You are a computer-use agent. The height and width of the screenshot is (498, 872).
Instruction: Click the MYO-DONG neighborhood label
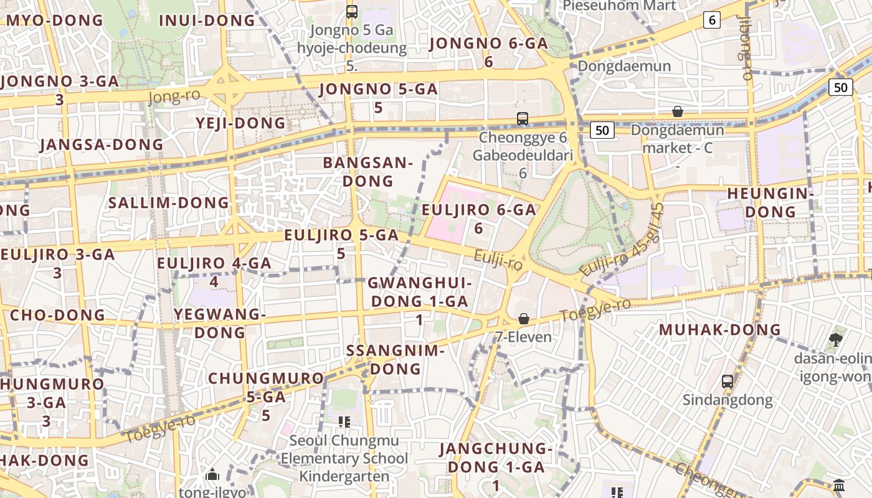(x=55, y=20)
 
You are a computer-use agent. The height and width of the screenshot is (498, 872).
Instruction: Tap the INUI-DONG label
(x=207, y=20)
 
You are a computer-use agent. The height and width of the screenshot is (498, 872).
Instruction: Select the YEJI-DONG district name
(x=241, y=123)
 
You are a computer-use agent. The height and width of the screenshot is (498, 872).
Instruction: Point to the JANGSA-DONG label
(x=102, y=144)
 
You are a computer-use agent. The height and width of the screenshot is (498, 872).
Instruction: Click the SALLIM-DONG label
(x=169, y=202)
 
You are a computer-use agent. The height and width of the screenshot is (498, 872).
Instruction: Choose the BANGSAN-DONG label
(x=367, y=172)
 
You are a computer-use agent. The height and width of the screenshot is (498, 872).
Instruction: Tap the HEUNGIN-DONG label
(x=771, y=202)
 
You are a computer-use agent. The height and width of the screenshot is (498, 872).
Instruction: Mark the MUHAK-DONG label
(x=720, y=329)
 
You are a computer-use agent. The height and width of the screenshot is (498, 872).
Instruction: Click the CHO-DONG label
(x=58, y=314)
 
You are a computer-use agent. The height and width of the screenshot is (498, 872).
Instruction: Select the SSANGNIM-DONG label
(x=395, y=359)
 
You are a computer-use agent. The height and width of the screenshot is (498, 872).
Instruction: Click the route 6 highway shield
(x=712, y=20)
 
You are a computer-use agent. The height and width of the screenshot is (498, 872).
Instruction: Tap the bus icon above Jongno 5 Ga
(x=352, y=11)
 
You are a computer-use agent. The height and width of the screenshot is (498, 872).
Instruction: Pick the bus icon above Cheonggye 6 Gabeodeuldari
(x=523, y=118)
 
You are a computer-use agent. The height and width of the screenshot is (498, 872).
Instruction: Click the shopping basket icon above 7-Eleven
(x=524, y=319)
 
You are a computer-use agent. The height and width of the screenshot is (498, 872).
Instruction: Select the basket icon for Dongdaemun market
(x=677, y=111)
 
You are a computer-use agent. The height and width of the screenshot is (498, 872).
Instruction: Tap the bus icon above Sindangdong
(x=727, y=381)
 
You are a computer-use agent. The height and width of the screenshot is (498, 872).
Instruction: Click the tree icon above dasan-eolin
(x=835, y=340)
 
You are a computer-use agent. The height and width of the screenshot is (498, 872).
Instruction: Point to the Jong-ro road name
(x=174, y=96)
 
